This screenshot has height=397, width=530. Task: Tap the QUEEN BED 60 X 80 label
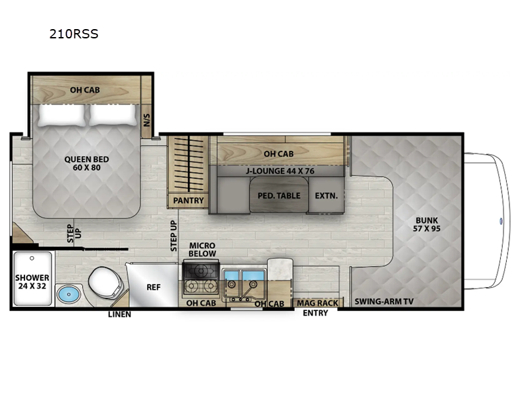click(87, 163)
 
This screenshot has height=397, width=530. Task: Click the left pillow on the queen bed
click(62, 115)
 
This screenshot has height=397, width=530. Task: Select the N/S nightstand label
click(147, 120)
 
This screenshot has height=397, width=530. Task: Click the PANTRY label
click(188, 200)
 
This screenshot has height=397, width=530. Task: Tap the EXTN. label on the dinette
click(326, 196)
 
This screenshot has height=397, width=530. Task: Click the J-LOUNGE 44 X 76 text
click(280, 170)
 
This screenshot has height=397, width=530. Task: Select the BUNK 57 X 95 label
click(427, 225)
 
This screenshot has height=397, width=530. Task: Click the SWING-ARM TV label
click(384, 302)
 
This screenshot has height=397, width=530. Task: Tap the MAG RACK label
click(317, 303)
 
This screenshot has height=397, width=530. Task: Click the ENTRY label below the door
click(315, 313)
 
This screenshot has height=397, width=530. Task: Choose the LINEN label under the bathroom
click(119, 314)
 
